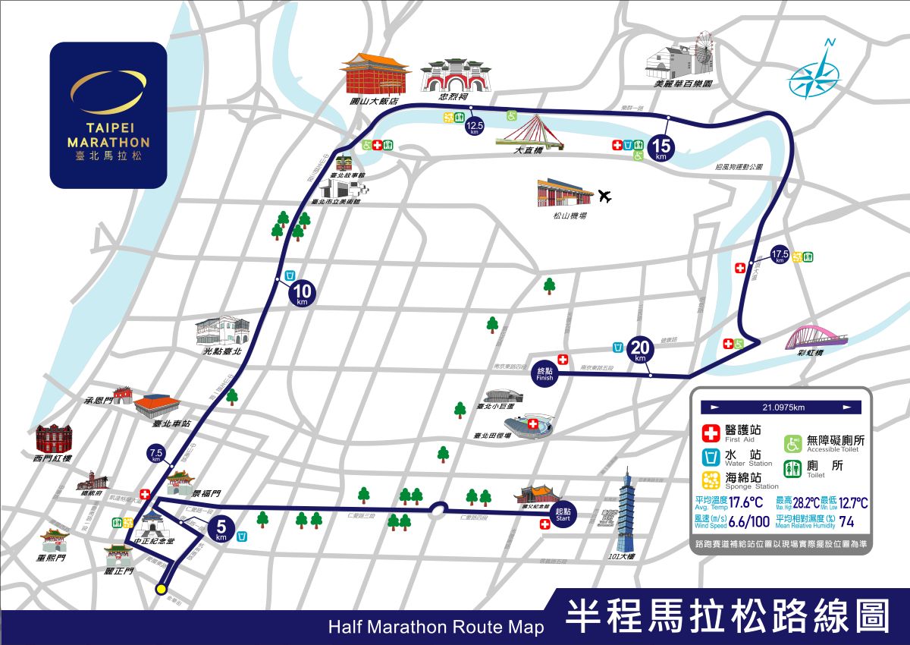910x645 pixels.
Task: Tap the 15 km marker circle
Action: pos(660,146)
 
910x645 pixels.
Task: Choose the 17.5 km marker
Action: pos(780,255)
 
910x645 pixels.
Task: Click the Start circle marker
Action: pos(563,514)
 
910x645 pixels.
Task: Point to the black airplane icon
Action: pos(604,197)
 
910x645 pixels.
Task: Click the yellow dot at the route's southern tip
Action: pos(161,589)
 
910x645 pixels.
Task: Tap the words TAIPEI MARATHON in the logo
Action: pos(108,136)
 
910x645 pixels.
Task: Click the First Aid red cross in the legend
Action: pos(711,433)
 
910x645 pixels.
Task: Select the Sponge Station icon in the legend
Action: pos(711,479)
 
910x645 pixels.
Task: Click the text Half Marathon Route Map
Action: pos(436,628)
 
